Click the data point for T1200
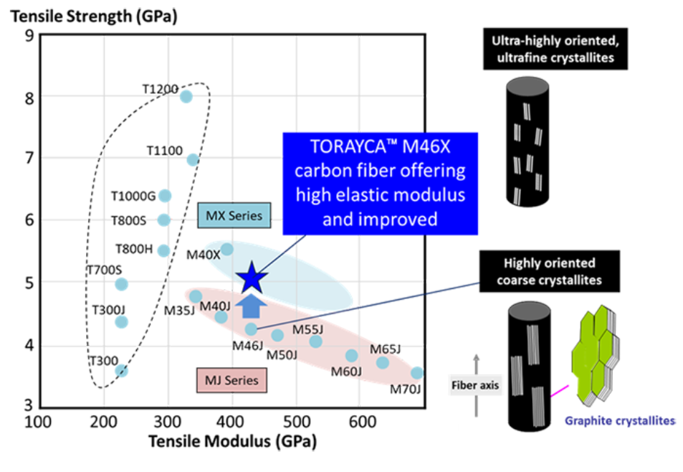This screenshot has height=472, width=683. (186, 97)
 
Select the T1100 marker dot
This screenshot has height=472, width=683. (193, 160)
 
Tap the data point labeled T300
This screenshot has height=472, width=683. (122, 370)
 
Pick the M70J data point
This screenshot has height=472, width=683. (417, 373)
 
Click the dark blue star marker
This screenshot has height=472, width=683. (251, 278)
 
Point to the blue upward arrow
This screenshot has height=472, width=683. (250, 306)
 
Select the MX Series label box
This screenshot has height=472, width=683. (234, 215)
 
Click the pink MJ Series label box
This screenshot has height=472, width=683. (231, 379)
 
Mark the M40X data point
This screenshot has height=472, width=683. (226, 249)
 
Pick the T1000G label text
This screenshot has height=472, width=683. (133, 196)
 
